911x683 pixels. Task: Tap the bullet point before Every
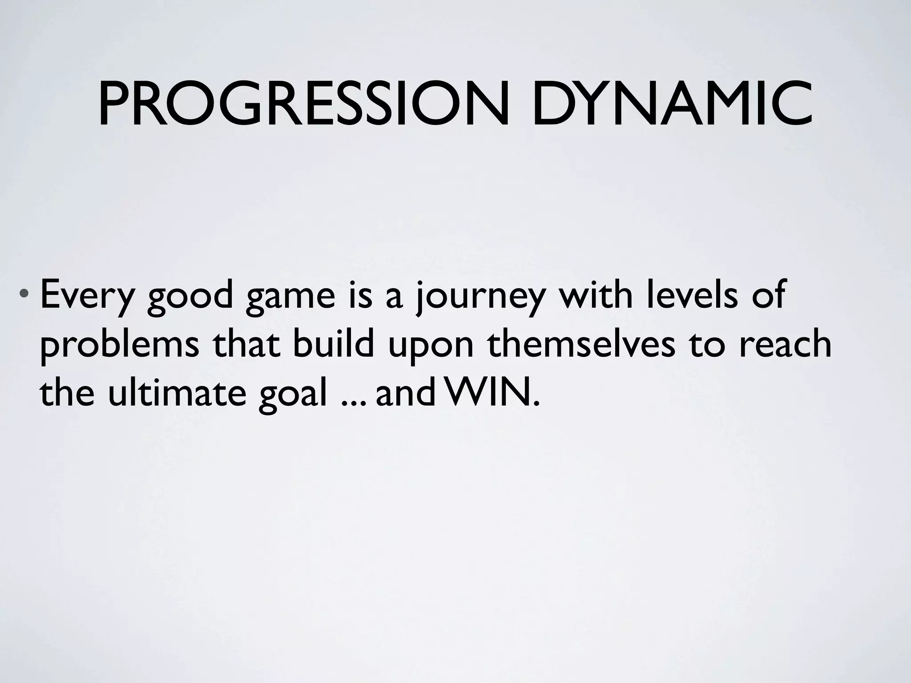point(27,295)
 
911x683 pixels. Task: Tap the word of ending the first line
point(767,295)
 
